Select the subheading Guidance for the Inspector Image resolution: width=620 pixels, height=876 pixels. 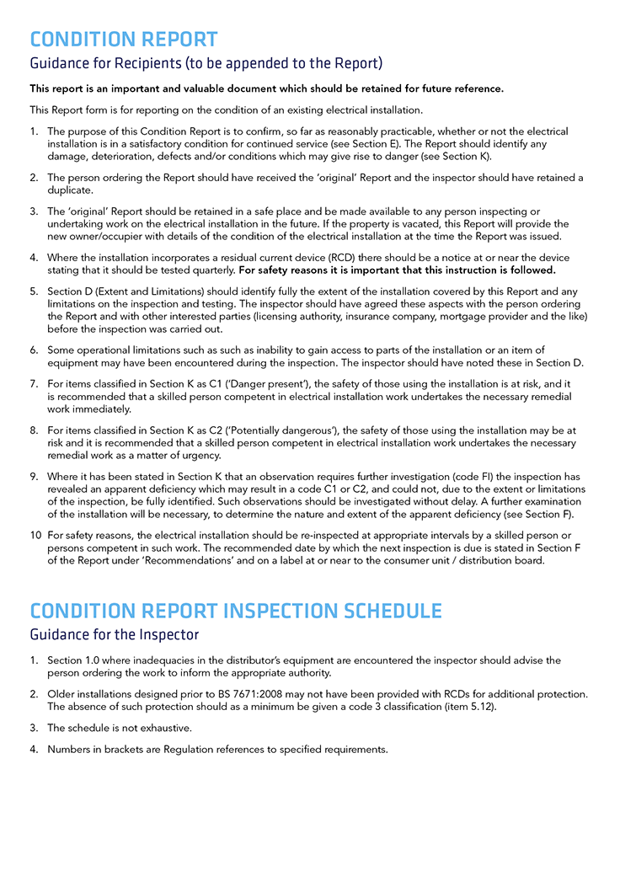click(115, 634)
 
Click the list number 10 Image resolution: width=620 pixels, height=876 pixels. click(35, 535)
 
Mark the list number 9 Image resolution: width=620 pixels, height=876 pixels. click(34, 477)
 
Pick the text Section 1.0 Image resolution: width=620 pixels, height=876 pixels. click(75, 660)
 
